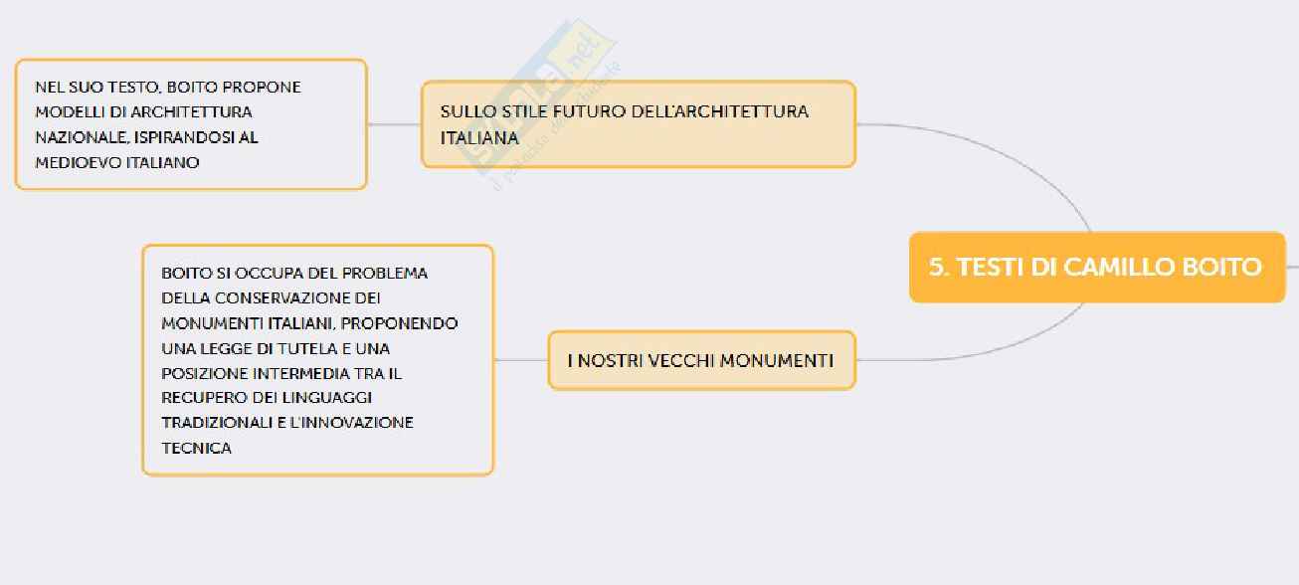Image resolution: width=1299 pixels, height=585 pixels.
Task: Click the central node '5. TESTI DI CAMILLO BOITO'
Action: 1096,267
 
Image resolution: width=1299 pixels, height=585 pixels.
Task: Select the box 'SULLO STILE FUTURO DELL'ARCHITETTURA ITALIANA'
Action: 638,124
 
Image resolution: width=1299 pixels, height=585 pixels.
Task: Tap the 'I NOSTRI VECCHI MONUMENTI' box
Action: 701,360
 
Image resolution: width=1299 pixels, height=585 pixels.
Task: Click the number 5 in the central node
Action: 936,267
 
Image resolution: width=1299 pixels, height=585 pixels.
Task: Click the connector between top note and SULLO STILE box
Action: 394,124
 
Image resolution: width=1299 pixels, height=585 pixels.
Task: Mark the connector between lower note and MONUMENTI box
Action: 520,360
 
